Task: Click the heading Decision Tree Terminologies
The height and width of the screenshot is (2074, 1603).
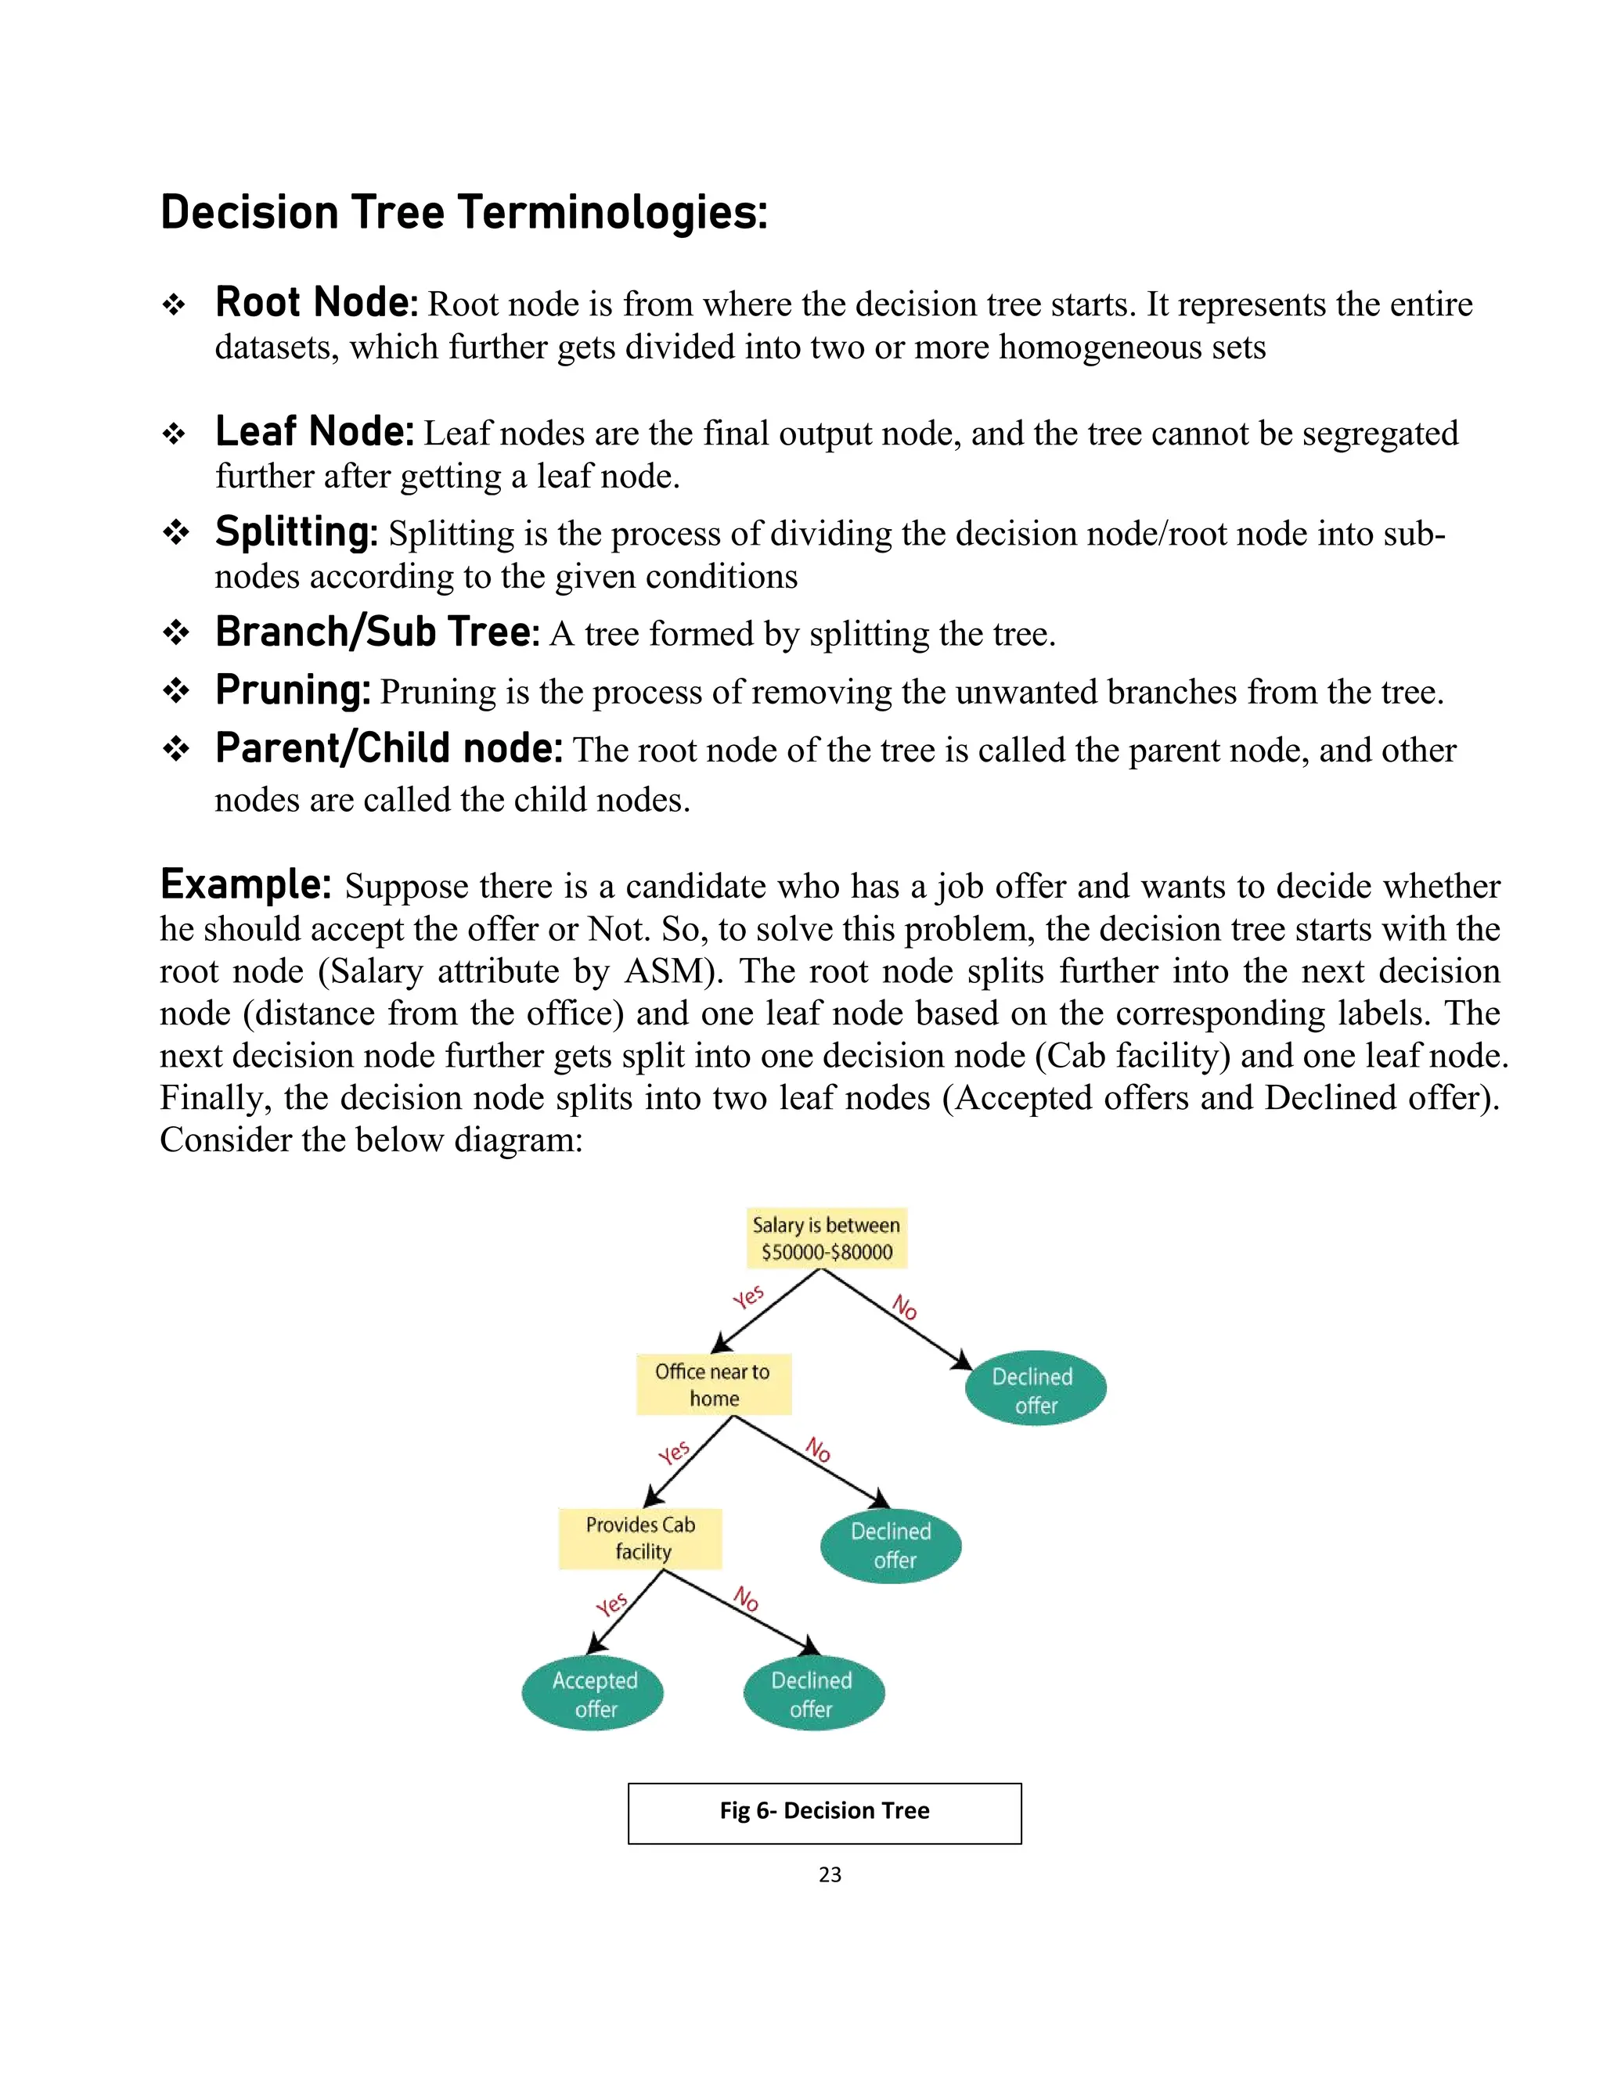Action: pyautogui.click(x=463, y=213)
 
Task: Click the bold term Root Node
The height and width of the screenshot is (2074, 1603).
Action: pyautogui.click(x=316, y=303)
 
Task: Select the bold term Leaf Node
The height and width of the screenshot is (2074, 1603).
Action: pyautogui.click(x=315, y=432)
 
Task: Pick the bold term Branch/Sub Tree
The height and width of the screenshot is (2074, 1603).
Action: pyautogui.click(x=377, y=632)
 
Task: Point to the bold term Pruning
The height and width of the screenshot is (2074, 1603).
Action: pyautogui.click(x=293, y=690)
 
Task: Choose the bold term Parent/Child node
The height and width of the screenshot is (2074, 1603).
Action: pyautogui.click(x=388, y=749)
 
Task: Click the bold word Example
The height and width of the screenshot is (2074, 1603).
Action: pyautogui.click(x=245, y=885)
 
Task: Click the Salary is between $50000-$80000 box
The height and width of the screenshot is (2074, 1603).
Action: pyautogui.click(x=827, y=1238)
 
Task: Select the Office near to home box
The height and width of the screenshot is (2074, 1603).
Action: pyautogui.click(x=713, y=1384)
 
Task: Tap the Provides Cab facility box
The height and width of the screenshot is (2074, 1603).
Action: pyautogui.click(x=640, y=1537)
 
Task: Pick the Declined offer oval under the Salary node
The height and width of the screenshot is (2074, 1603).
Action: pyautogui.click(x=1035, y=1389)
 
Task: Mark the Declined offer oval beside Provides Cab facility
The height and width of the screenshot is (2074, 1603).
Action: pyautogui.click(x=891, y=1545)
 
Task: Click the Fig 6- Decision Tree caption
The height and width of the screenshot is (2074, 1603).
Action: pyautogui.click(x=824, y=1811)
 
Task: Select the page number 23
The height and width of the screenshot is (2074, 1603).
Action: pyautogui.click(x=829, y=1874)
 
